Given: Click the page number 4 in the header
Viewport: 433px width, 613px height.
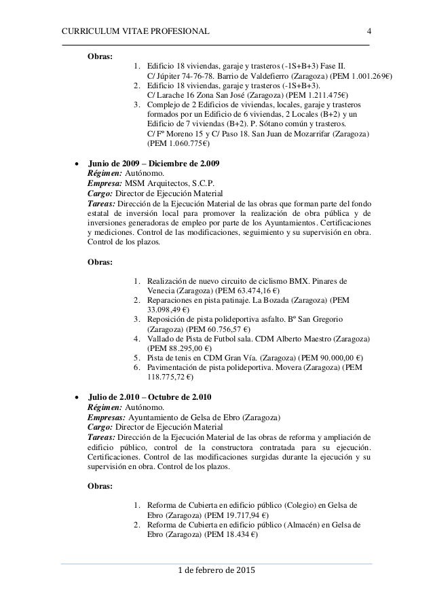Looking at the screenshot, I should tap(369, 31).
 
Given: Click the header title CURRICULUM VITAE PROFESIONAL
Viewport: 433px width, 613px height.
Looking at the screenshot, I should tap(136, 31).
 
